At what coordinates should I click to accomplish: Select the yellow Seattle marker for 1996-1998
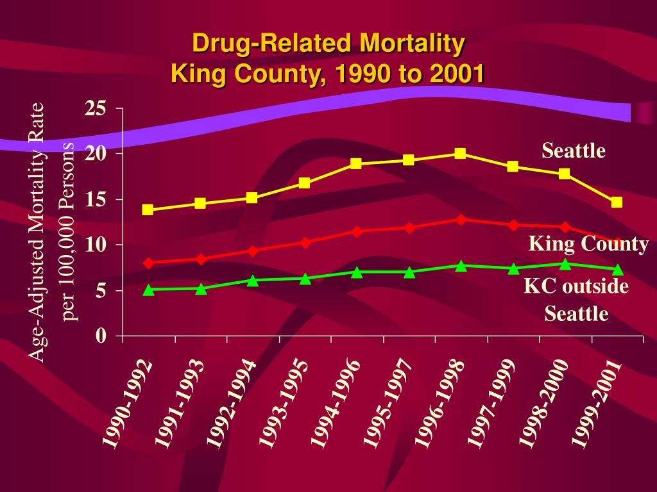460,154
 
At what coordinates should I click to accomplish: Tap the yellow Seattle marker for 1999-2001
617,202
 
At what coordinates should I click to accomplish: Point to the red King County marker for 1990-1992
148,263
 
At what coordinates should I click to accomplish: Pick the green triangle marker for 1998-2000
565,264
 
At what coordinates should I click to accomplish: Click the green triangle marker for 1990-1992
148,290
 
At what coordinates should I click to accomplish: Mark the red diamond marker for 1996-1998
460,219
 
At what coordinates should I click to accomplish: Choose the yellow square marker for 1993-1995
304,183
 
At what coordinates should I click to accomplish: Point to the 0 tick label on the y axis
101,336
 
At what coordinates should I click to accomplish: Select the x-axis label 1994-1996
336,403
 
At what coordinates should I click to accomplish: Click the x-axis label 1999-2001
597,403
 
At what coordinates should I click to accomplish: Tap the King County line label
588,244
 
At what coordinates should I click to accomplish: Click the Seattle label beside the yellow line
574,151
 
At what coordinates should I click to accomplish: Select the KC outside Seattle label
576,299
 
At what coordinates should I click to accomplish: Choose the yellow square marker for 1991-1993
200,204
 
